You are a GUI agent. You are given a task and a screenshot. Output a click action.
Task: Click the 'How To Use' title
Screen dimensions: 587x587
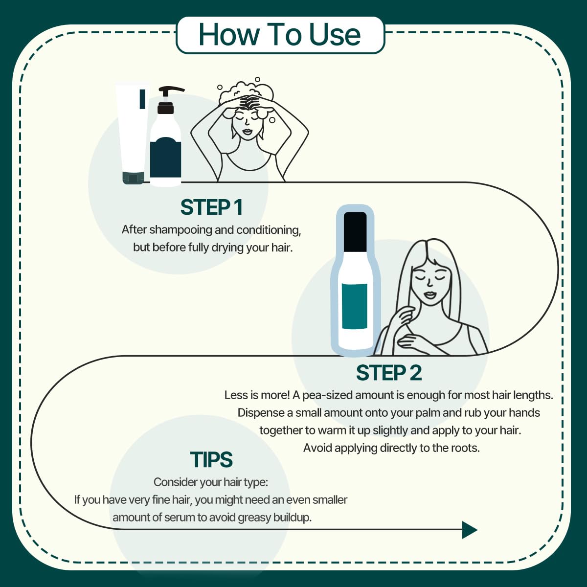tap(280, 35)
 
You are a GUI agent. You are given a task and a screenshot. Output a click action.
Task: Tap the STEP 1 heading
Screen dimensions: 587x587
tap(211, 207)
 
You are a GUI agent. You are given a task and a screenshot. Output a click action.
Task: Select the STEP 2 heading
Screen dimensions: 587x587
tap(388, 373)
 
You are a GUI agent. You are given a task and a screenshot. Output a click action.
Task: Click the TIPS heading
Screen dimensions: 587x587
tap(211, 460)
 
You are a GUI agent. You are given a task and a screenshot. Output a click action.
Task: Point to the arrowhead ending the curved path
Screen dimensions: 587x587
tap(469, 530)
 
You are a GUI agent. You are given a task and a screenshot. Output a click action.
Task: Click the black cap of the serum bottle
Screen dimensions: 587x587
tap(356, 231)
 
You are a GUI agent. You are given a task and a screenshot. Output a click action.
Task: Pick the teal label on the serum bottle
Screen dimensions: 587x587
tap(355, 306)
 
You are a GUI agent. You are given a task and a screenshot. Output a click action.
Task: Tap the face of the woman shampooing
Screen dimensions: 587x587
tap(247, 122)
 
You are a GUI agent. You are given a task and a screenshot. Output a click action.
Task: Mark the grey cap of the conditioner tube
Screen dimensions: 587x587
tap(133, 178)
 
